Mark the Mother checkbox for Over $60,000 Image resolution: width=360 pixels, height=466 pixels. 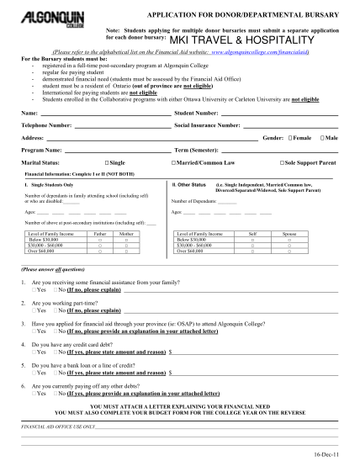tap(126, 250)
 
